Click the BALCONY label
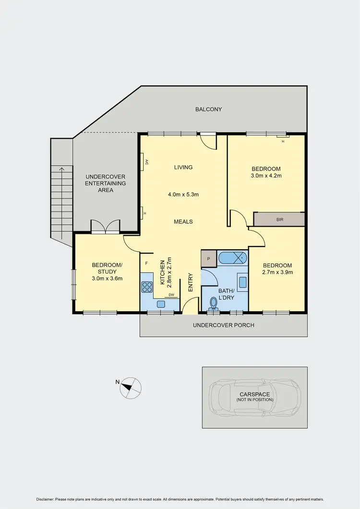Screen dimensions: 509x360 [208, 109]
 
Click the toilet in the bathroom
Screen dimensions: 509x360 [214, 303]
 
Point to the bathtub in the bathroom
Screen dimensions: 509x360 [232, 258]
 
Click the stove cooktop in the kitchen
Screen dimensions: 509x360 [147, 287]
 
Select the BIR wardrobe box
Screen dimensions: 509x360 [279, 219]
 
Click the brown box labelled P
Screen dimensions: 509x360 [209, 258]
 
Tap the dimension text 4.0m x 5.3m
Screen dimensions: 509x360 [183, 194]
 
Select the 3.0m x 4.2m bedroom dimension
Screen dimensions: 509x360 [266, 176]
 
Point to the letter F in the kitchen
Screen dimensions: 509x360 [146, 263]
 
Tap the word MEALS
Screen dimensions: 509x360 [183, 221]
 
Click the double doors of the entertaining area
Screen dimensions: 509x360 [105, 227]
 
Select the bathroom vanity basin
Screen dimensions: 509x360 [243, 282]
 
